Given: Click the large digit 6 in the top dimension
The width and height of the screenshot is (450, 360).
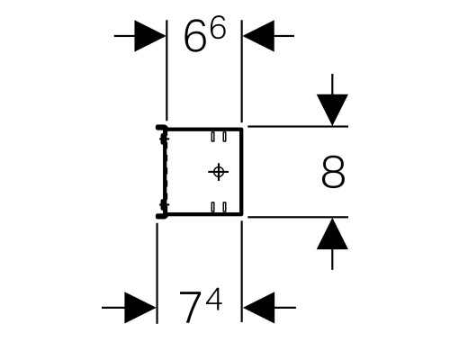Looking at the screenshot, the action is coord(195,38).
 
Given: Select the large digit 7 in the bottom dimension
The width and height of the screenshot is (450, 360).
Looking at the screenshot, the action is coord(190,306).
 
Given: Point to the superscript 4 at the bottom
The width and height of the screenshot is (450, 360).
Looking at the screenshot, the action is coord(214,300).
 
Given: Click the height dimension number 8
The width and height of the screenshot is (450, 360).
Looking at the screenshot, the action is coord(333,172).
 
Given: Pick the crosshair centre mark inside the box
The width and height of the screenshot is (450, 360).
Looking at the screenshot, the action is coord(219,172).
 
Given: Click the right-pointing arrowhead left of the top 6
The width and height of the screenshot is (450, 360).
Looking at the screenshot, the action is coord(150,36).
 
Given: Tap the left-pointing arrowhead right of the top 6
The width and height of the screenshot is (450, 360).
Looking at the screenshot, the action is coord(258,36).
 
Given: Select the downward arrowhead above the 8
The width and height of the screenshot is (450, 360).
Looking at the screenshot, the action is coord(332,110).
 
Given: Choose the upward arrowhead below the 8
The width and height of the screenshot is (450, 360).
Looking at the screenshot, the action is coord(332,233).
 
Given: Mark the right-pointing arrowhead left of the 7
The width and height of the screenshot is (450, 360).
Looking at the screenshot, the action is coord(140,308).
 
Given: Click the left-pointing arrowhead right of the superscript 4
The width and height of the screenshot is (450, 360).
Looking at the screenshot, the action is coord(259,308).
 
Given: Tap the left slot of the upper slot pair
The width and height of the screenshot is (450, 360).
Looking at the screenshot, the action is coord(212,137).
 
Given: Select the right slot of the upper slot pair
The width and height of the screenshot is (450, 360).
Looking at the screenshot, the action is coord(224,137).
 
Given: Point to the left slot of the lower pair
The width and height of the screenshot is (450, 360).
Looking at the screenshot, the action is coord(212,207).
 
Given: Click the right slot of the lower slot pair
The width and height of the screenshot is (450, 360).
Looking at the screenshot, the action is coord(224,207).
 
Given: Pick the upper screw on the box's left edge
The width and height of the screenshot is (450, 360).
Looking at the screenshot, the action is coord(164,139).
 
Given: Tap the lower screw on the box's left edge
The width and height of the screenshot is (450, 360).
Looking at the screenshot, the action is coord(164,204).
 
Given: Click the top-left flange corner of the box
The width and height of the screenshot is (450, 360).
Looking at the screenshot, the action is coord(157,126).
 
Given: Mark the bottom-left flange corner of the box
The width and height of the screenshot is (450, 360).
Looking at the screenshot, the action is coord(157,216).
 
